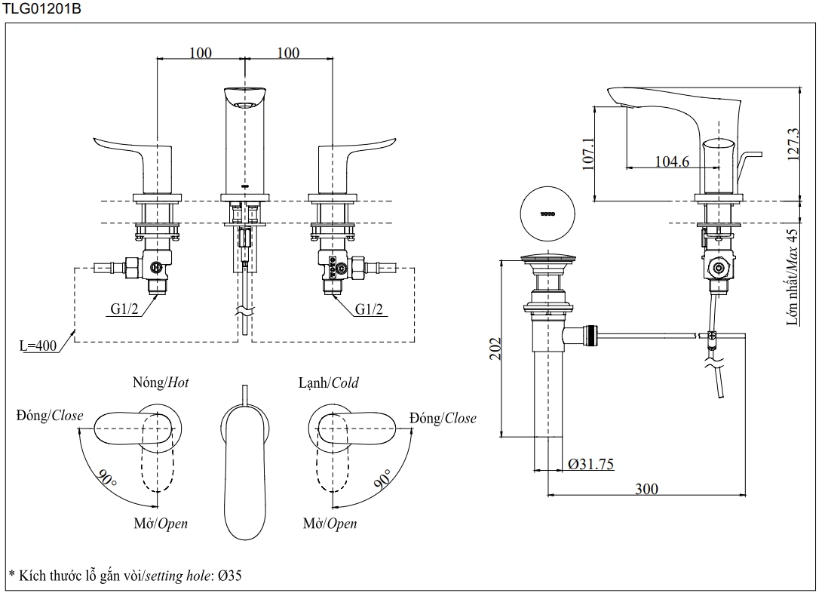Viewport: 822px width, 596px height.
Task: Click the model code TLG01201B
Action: [x=41, y=9]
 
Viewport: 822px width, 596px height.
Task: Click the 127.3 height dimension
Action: [x=791, y=143]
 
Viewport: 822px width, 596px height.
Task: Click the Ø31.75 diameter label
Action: [x=590, y=464]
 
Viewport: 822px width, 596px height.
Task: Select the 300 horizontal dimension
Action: [x=646, y=489]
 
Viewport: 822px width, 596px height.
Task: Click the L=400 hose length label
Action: [x=38, y=346]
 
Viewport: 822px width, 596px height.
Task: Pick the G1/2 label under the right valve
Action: [x=369, y=309]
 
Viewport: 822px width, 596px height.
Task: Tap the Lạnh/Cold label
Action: [x=328, y=382]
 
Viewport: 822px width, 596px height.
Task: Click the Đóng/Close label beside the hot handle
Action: [x=50, y=416]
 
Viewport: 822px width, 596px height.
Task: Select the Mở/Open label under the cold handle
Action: [x=330, y=524]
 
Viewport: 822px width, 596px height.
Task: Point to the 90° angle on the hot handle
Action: [x=106, y=478]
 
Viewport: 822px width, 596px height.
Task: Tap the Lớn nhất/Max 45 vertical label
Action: [x=793, y=277]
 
